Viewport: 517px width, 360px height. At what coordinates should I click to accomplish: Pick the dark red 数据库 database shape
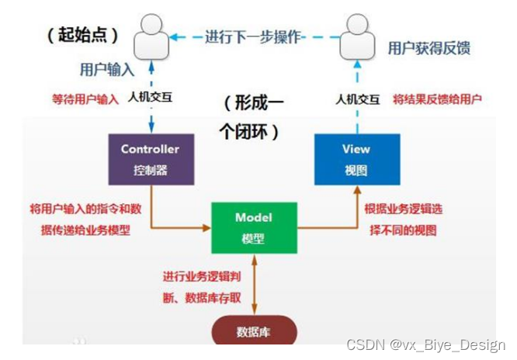254,331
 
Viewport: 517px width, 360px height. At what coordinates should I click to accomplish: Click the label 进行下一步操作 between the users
253,36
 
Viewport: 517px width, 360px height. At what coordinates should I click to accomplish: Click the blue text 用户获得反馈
429,48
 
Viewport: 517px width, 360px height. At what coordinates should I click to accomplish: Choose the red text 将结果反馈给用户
438,99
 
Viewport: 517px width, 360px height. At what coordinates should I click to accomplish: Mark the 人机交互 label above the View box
359,99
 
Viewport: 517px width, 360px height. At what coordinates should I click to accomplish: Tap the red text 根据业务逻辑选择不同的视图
404,220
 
